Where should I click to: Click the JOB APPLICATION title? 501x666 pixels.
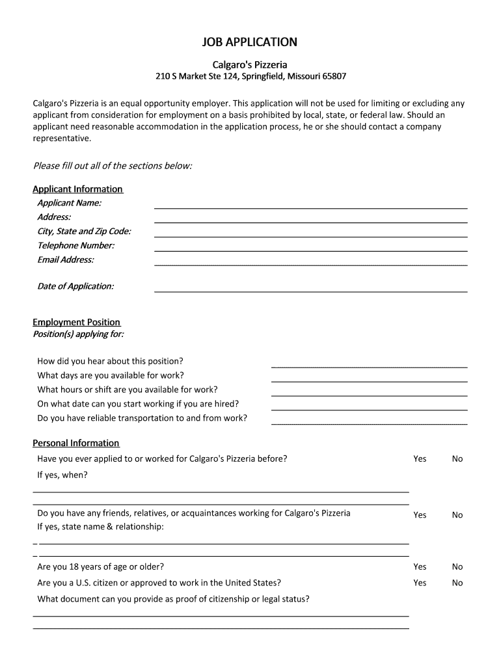[x=251, y=42]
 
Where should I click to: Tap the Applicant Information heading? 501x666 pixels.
[x=77, y=189]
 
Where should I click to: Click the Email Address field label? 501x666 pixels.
[x=66, y=260]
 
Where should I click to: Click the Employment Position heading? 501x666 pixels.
[x=76, y=323]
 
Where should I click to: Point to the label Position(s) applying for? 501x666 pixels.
[x=78, y=334]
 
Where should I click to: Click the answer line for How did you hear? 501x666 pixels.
[x=369, y=367]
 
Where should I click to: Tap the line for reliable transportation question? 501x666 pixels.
[x=369, y=423]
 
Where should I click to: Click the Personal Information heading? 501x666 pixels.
[x=76, y=444]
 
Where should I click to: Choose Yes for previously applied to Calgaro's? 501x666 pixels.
[x=420, y=459]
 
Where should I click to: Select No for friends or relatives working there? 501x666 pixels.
[x=457, y=515]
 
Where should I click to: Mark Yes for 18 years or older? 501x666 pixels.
[x=420, y=567]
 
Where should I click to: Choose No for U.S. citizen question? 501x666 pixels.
[x=457, y=583]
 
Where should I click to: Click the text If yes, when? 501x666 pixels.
[x=62, y=475]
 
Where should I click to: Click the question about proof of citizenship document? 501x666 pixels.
[x=173, y=599]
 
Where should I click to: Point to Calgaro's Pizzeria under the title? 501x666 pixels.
[x=251, y=64]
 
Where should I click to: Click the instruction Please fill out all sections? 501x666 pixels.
[x=113, y=166]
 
